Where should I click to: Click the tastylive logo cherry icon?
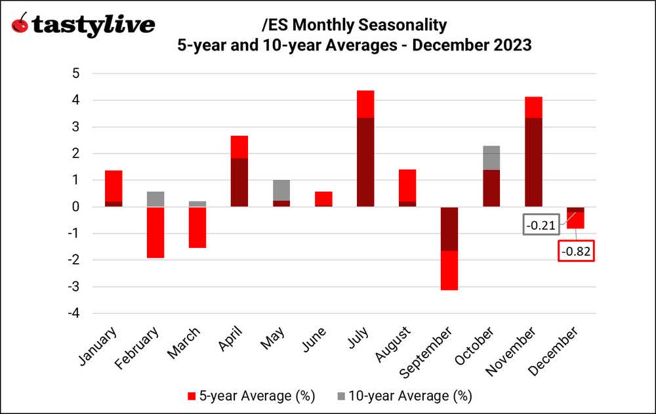pos(21,25)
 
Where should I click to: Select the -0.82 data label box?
pos(576,251)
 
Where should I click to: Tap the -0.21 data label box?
pos(541,226)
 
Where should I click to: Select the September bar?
pos(449,248)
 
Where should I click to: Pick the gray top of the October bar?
pos(491,157)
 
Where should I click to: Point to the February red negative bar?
pos(155,232)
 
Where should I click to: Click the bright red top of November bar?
pos(533,107)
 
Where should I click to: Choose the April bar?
pos(239,171)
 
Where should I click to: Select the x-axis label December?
pos(560,350)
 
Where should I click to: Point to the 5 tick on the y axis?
pos(76,73)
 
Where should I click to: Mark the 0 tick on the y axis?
pos(76,207)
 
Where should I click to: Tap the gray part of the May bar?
pos(281,190)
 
